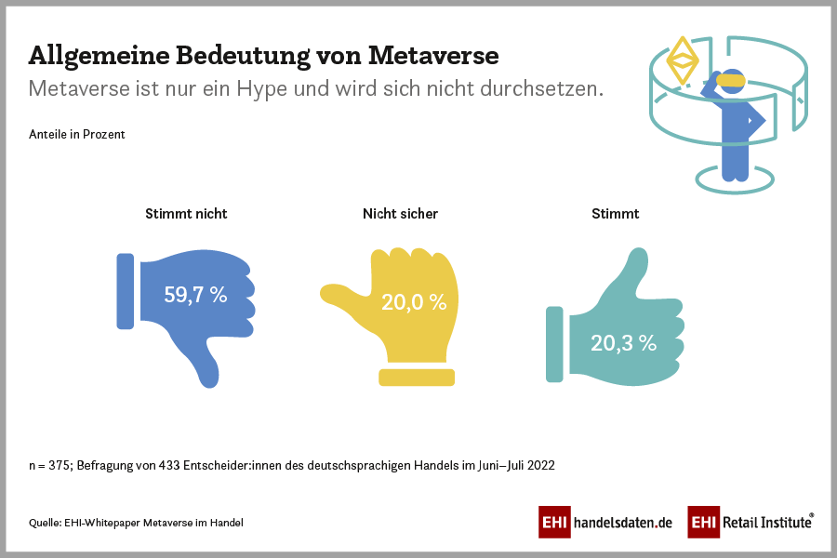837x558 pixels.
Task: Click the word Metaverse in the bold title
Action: [433, 56]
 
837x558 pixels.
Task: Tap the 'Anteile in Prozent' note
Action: [77, 134]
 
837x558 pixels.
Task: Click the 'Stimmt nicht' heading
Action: [186, 214]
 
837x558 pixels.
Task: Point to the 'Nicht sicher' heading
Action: [400, 214]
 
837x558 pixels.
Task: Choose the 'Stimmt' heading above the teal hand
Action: [616, 214]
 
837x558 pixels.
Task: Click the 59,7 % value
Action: [195, 296]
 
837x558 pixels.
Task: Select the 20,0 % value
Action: [414, 302]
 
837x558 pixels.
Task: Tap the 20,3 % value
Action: [623, 342]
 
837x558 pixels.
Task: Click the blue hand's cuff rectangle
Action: [125, 291]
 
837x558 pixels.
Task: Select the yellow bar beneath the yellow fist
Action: [417, 377]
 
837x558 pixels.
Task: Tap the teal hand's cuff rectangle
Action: [554, 344]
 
